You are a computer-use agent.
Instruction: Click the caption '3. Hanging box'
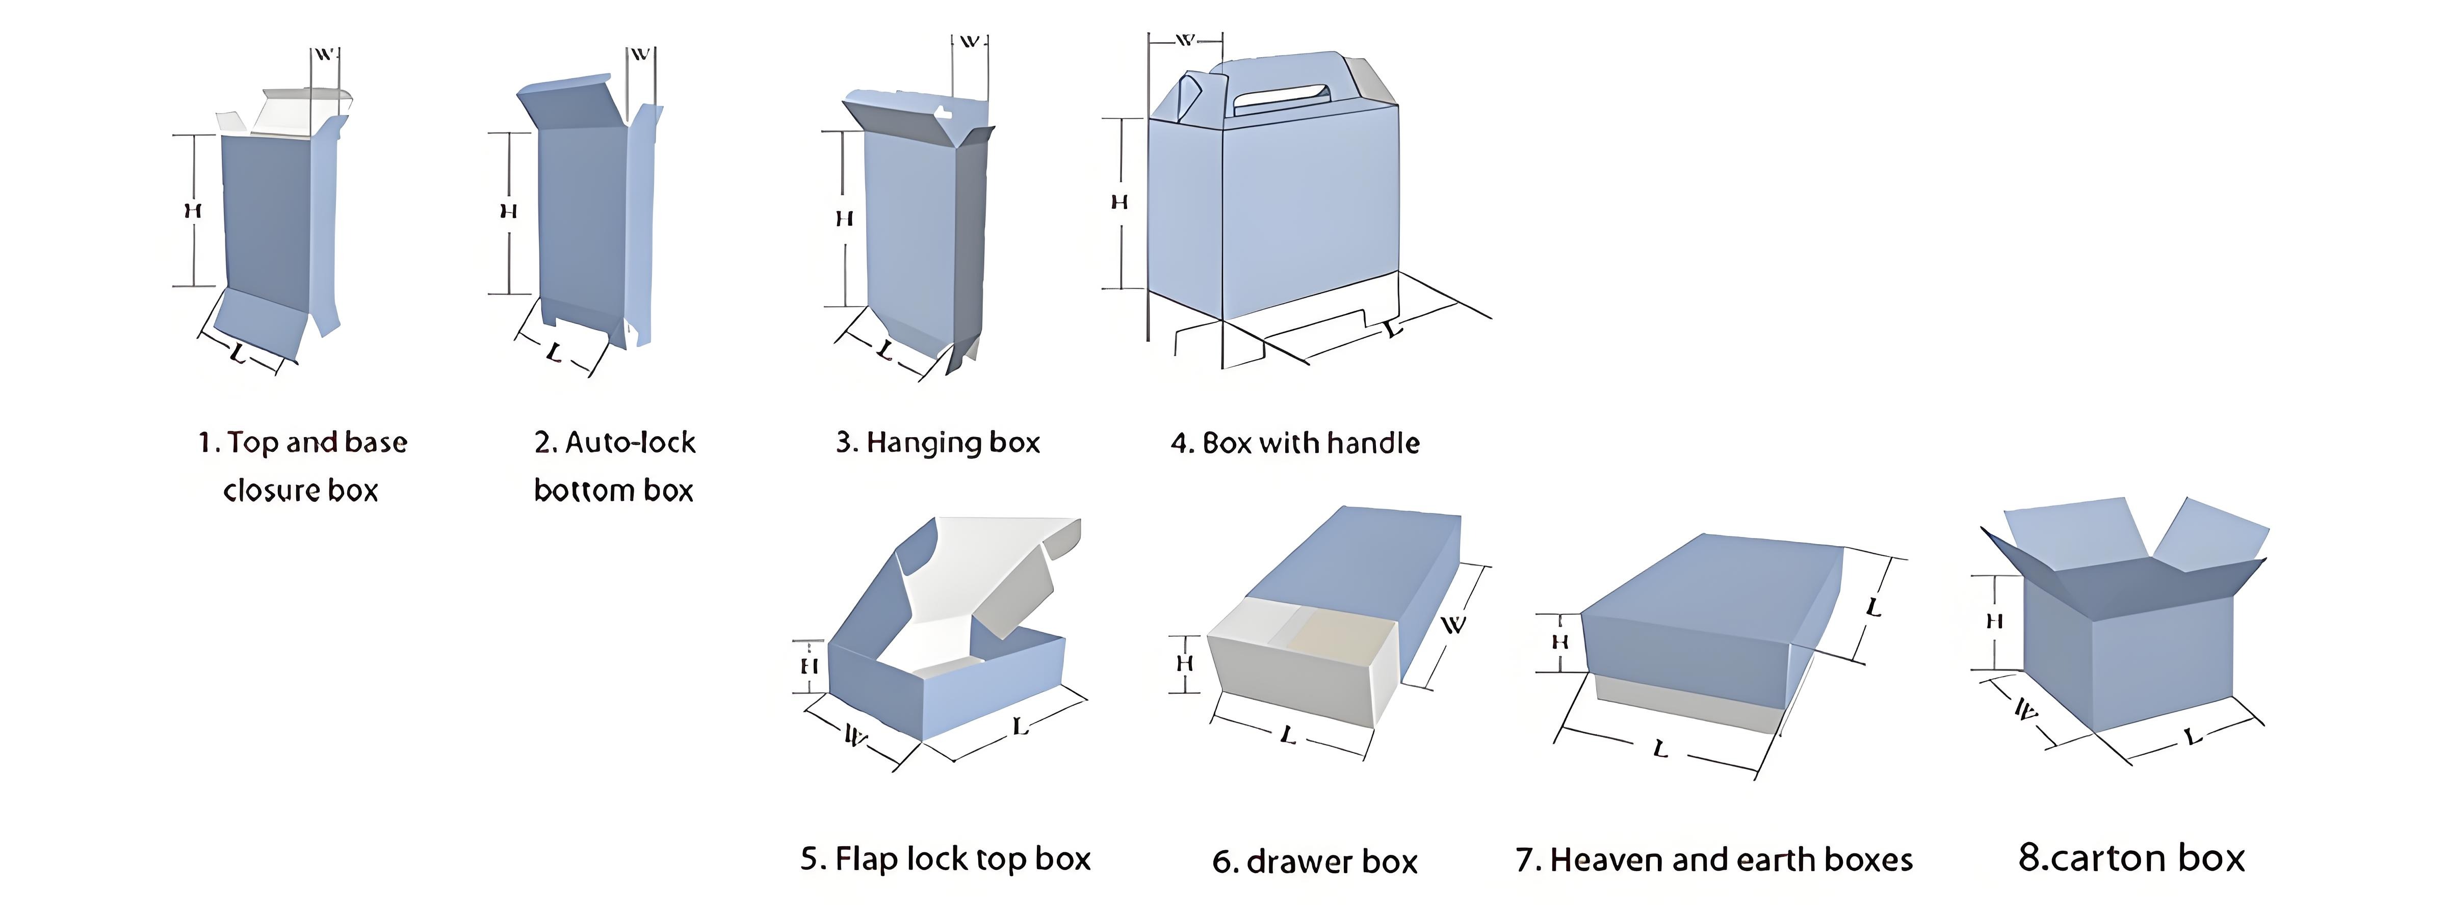[938, 442]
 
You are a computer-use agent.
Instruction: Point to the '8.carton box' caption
[2131, 858]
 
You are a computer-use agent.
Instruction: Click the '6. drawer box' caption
[1315, 862]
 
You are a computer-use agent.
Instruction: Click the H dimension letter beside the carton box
[1995, 622]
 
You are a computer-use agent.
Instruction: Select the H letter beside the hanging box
[844, 219]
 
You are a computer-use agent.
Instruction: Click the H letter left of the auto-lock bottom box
[508, 211]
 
